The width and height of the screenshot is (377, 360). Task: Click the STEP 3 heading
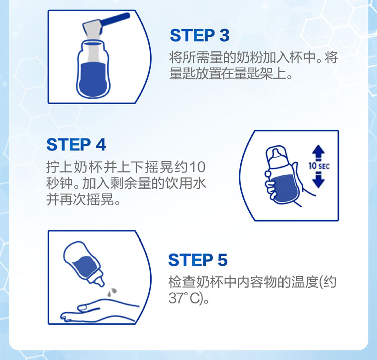(200, 35)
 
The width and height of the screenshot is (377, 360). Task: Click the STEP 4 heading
(76, 144)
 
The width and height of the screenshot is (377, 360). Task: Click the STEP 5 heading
(198, 260)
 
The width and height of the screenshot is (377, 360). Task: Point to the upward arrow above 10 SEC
(318, 152)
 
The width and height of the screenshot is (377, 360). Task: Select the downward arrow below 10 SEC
(318, 180)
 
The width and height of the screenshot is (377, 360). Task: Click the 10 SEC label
(319, 166)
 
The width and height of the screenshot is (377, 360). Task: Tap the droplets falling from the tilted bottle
(111, 291)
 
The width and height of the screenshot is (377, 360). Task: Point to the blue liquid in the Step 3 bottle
(92, 80)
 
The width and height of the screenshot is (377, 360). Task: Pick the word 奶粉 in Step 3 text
(249, 57)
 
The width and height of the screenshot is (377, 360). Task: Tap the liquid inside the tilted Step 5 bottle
(84, 267)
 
